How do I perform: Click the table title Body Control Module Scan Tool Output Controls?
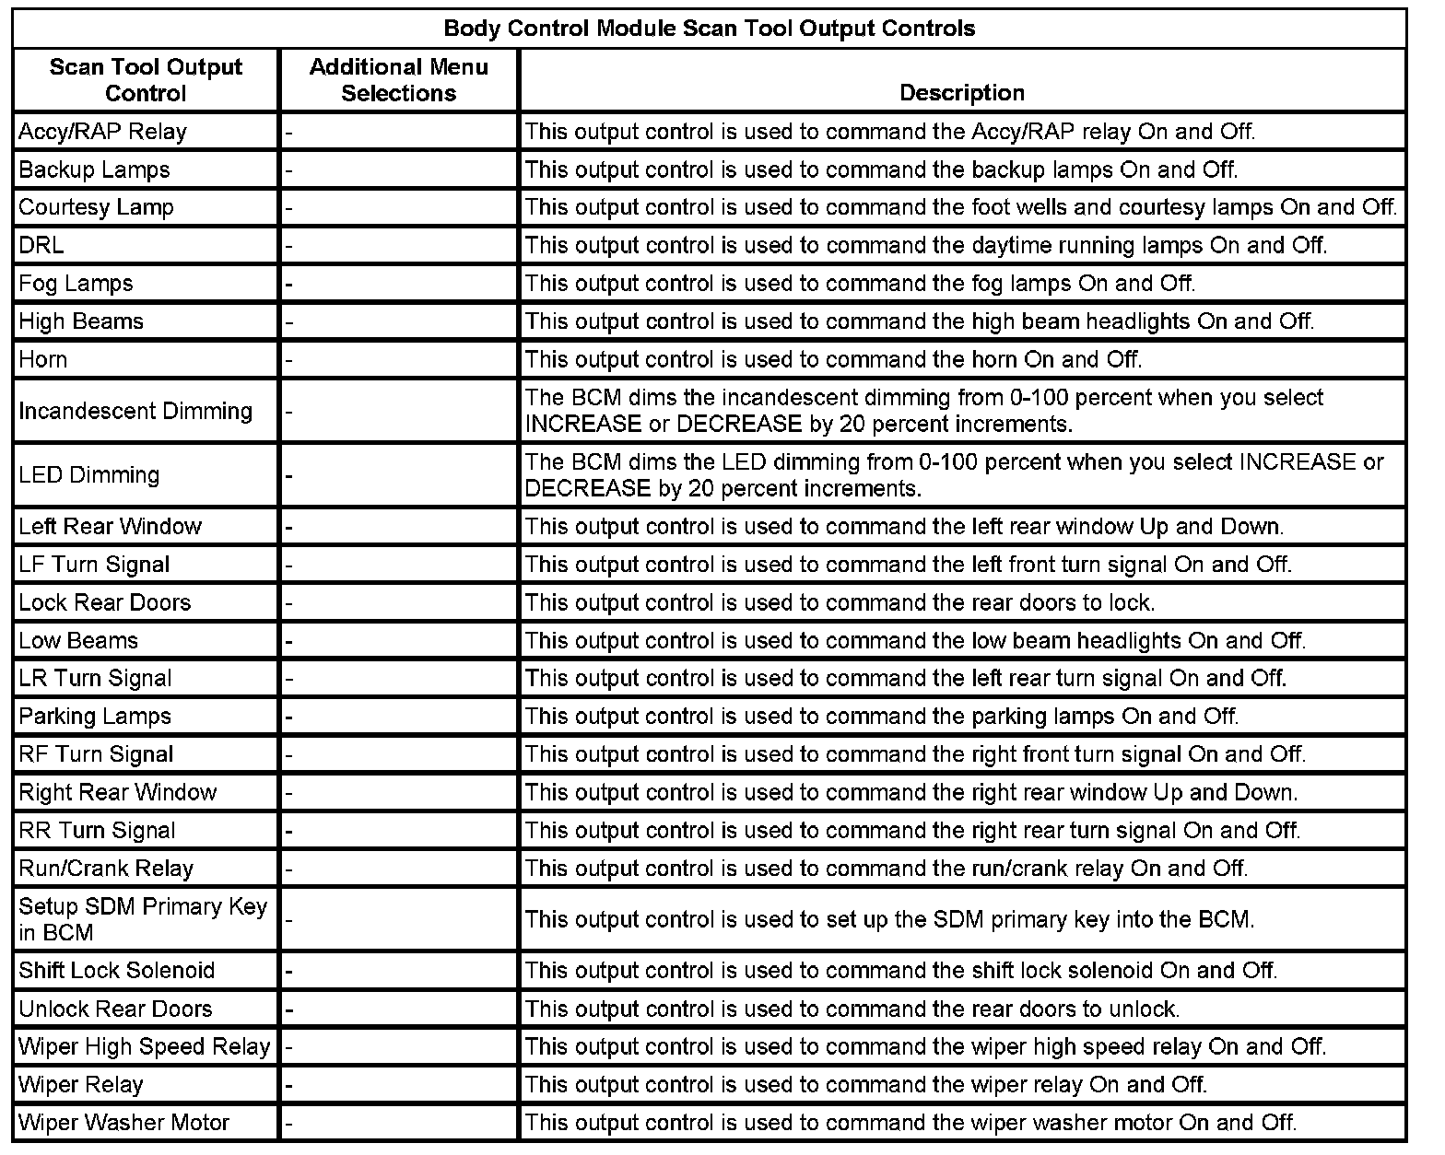click(x=709, y=29)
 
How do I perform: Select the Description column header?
click(x=961, y=93)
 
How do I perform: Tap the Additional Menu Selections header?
click(x=398, y=80)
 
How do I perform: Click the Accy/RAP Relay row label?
click(x=102, y=132)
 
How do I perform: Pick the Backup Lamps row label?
click(x=94, y=170)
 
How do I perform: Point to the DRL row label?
click(x=41, y=246)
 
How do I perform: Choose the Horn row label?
click(x=43, y=359)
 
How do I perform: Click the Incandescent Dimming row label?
click(x=135, y=411)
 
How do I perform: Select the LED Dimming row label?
click(x=88, y=475)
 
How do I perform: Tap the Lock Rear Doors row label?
click(x=104, y=603)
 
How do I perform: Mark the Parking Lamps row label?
click(x=95, y=717)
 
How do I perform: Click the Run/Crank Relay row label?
click(x=106, y=869)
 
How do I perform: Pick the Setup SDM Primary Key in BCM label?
click(x=143, y=919)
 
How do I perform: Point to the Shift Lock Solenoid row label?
click(x=116, y=971)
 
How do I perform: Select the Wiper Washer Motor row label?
click(x=123, y=1123)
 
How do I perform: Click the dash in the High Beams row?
click(x=289, y=323)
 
